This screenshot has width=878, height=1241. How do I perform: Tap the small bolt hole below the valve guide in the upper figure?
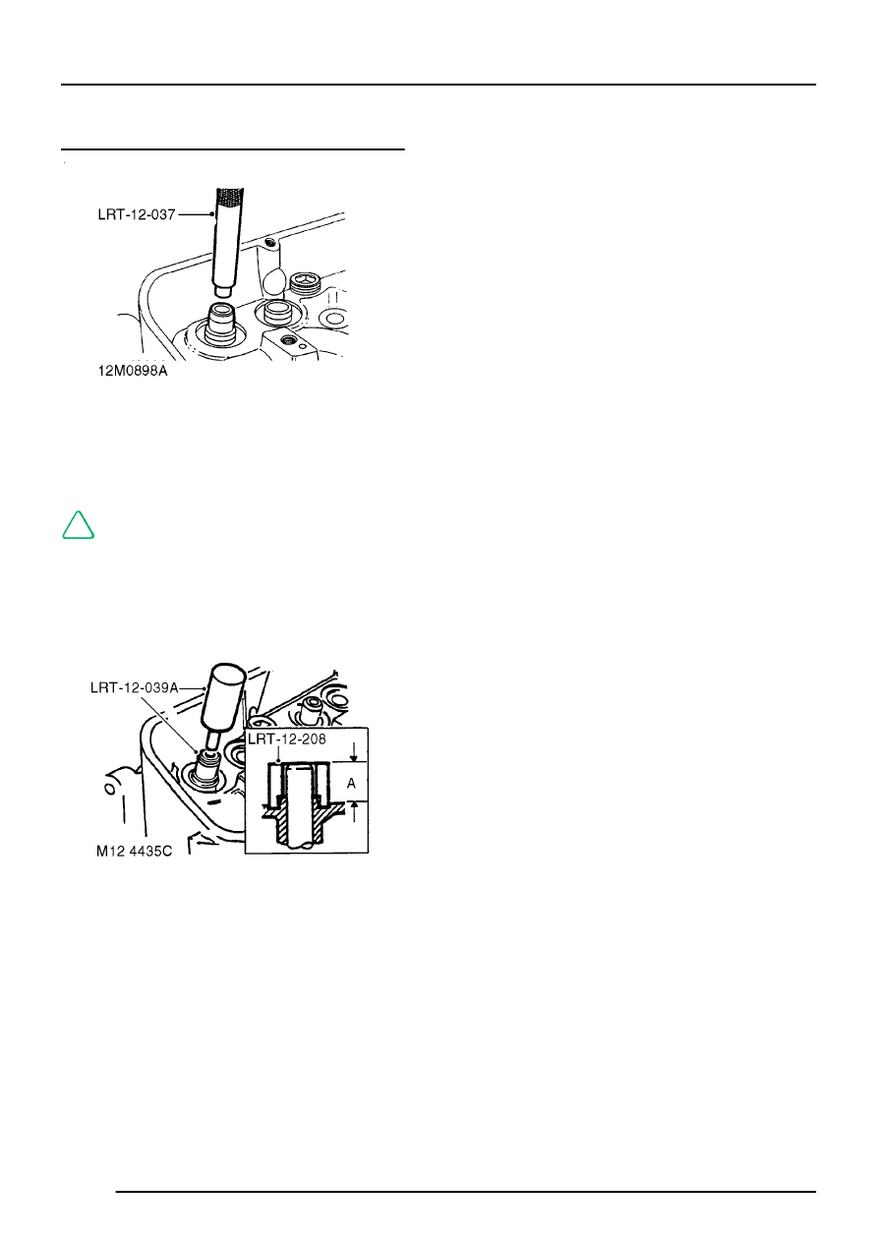287,339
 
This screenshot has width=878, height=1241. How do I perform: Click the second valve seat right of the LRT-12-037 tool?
275,316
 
